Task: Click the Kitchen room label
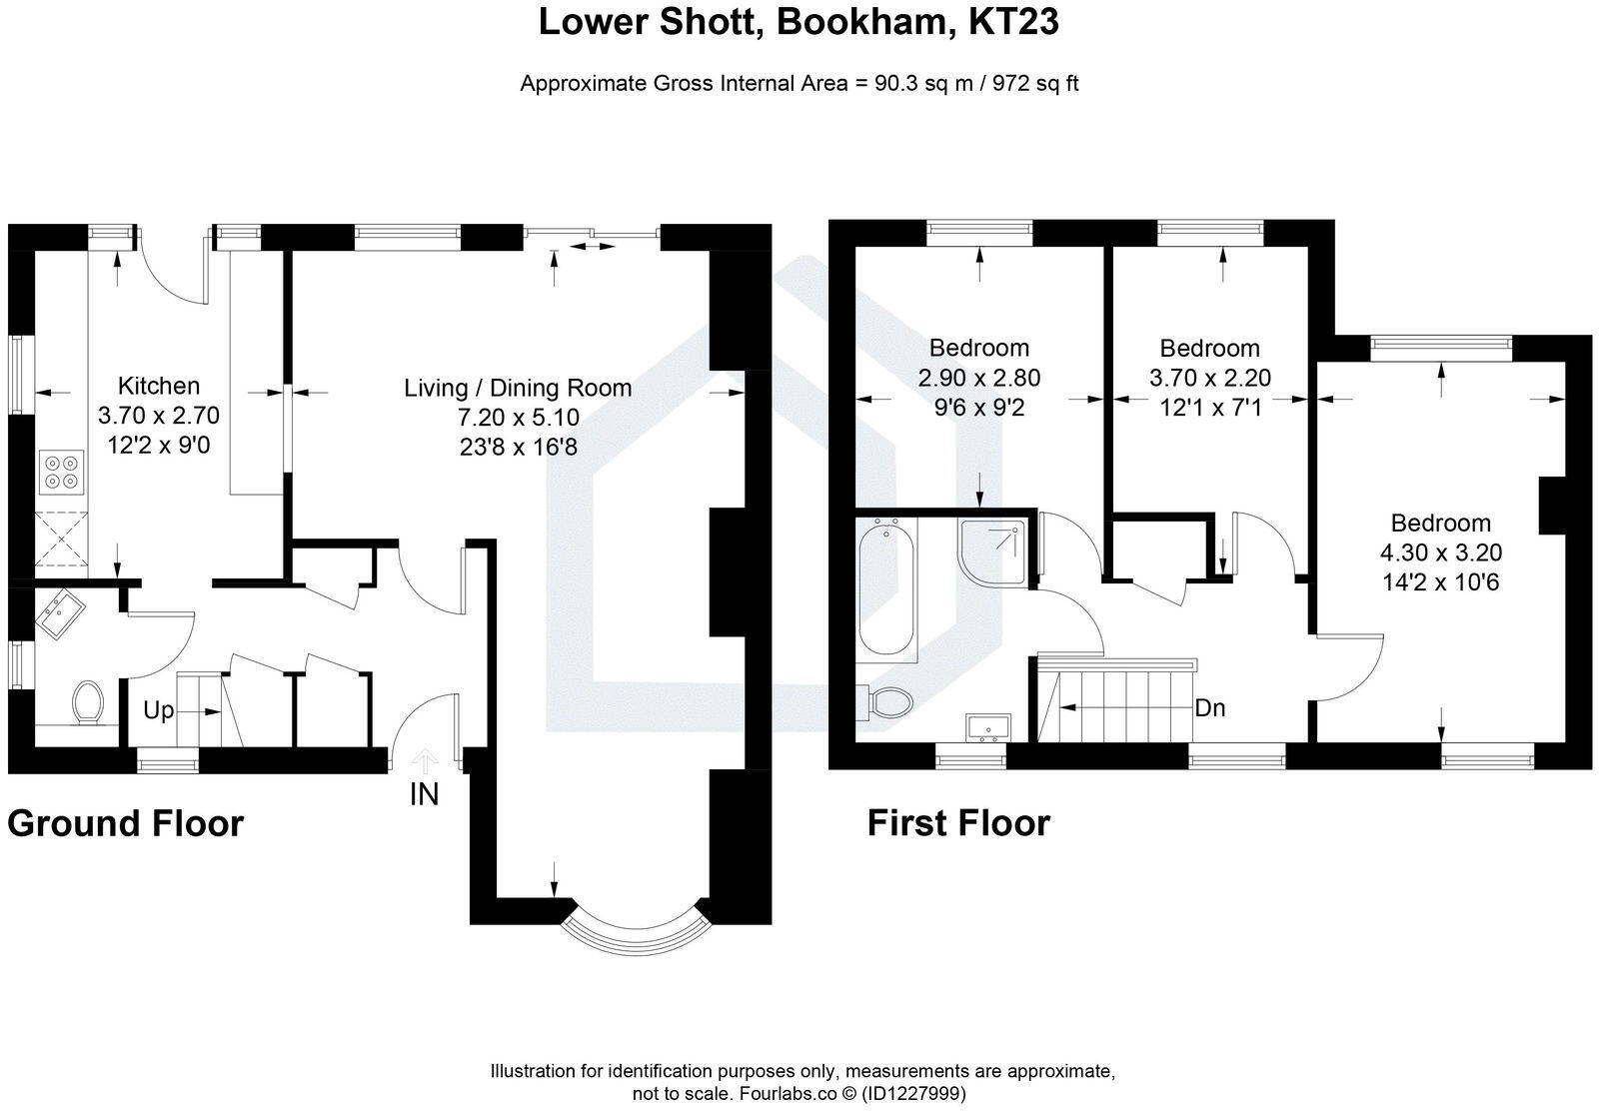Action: tap(158, 386)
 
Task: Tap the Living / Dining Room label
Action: tap(518, 388)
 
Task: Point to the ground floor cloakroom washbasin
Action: tap(59, 612)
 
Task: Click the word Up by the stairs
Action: tap(159, 711)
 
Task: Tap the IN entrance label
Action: tap(424, 795)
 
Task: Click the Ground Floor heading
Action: tap(126, 824)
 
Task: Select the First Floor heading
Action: tap(958, 824)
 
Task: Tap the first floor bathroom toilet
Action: tap(888, 702)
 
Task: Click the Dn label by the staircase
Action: tap(1210, 708)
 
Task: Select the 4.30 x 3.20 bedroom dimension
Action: tap(1440, 553)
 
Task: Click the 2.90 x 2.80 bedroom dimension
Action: tap(978, 378)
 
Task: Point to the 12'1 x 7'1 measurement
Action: tap(1209, 408)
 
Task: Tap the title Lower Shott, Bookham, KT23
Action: tap(799, 22)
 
